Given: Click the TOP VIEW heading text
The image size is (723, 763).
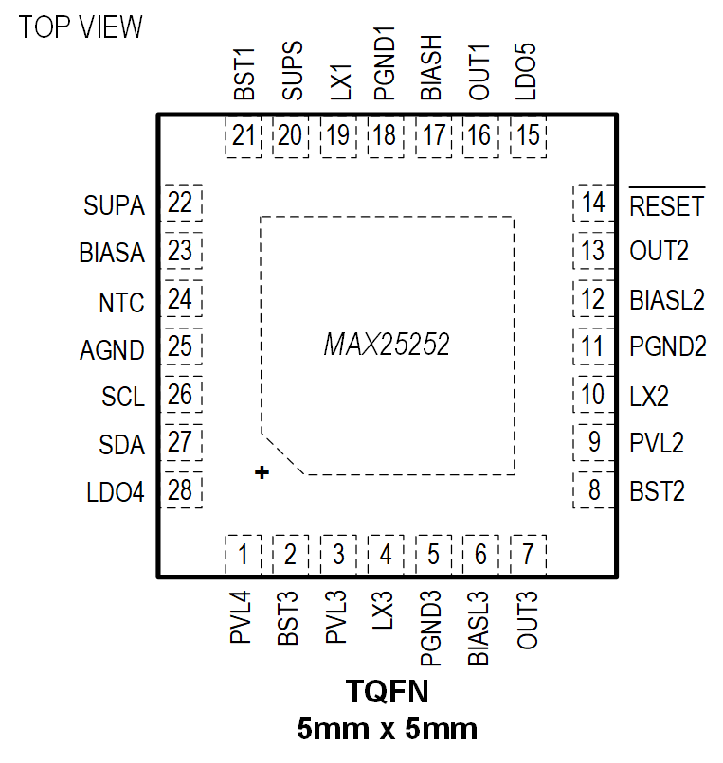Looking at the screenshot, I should click(81, 27).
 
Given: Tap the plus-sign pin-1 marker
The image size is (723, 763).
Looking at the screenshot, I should click(262, 471).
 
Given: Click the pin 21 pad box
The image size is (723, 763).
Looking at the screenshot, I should click(244, 136).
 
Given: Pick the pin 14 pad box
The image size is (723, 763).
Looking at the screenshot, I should click(593, 204).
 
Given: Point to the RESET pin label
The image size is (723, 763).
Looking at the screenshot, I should click(667, 205).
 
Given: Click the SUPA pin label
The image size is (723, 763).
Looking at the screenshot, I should click(114, 204).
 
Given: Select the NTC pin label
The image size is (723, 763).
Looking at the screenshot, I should click(121, 302).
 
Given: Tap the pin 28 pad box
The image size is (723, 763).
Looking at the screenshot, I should click(180, 490).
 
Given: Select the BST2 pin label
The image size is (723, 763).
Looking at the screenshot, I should click(657, 491).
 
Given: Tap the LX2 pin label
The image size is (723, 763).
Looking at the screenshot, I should click(649, 396).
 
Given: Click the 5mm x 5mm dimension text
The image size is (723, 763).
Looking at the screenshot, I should click(387, 729).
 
